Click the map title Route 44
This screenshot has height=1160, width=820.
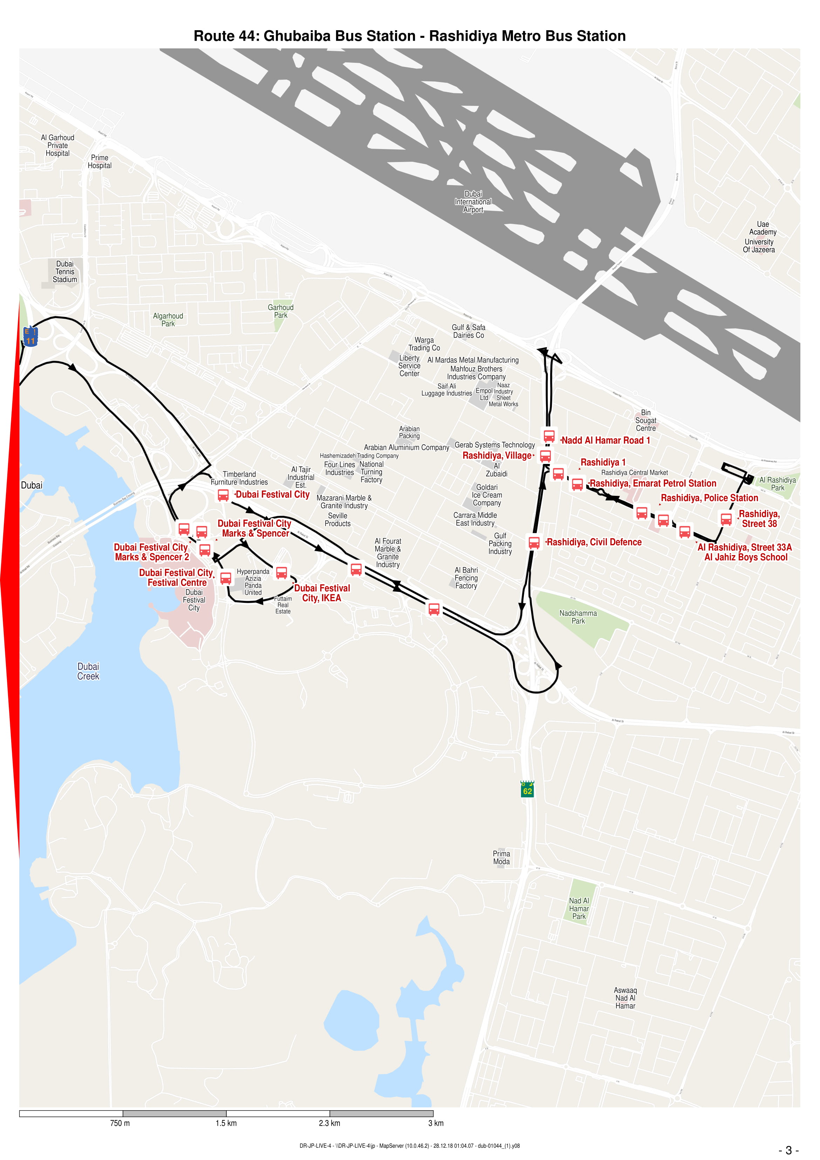(x=410, y=36)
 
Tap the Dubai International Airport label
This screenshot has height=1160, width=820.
(x=473, y=202)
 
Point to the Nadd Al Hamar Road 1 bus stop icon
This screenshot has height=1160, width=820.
(x=549, y=436)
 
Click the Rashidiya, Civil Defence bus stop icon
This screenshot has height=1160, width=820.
(x=534, y=542)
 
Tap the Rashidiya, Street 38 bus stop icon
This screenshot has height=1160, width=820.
(x=726, y=519)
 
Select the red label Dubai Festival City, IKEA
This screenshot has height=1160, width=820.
(x=322, y=593)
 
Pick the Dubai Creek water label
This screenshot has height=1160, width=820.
(x=88, y=672)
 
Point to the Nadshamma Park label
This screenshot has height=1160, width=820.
(x=578, y=617)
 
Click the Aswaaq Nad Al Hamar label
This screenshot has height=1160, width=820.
(x=625, y=998)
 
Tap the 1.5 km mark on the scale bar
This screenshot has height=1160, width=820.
(x=226, y=1123)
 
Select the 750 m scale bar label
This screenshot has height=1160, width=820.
(x=120, y=1123)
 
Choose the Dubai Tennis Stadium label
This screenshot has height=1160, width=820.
(x=65, y=272)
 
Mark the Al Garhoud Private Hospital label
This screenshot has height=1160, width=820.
(x=57, y=146)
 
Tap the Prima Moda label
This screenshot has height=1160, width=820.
(x=501, y=857)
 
